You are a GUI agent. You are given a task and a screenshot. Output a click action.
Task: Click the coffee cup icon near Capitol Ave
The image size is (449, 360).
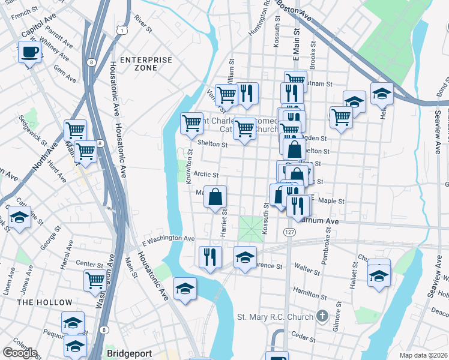[29, 52]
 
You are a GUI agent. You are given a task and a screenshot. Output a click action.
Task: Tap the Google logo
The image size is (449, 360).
[20, 353]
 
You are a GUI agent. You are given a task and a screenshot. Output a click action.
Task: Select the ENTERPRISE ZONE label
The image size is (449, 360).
[146, 64]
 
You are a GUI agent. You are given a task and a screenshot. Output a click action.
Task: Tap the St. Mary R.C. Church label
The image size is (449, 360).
[275, 317]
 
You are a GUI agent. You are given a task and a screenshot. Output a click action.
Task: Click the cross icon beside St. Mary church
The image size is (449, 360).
[322, 316]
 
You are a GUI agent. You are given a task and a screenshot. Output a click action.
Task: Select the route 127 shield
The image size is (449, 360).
[290, 232]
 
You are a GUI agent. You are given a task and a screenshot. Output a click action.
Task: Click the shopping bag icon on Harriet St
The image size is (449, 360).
[215, 197]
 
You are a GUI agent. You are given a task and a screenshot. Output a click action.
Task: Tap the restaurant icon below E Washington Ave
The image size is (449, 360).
[210, 257]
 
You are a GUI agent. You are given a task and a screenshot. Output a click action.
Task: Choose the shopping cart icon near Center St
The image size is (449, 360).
[95, 280]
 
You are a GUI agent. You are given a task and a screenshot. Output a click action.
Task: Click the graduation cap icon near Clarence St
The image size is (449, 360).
[244, 258]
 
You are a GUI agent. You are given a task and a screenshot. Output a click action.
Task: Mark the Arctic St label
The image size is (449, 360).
[205, 175]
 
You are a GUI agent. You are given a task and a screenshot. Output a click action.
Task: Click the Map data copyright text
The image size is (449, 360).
[423, 355]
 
